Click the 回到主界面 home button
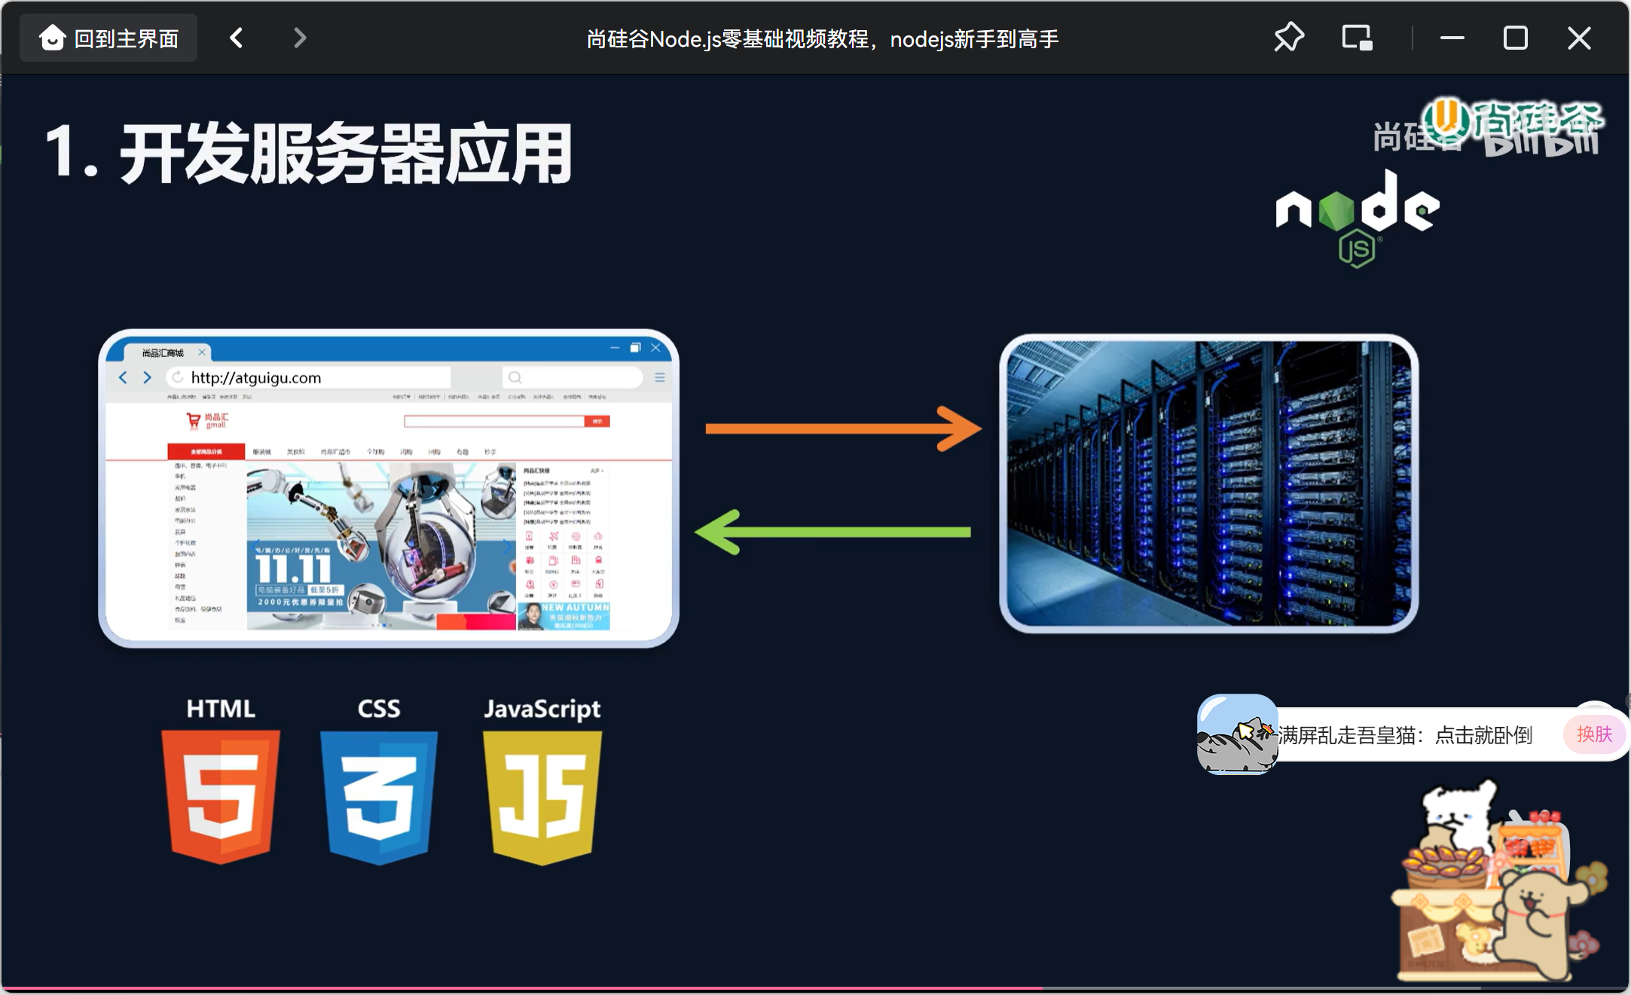click(x=108, y=38)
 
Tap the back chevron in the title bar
click(x=237, y=38)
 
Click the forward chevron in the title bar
click(x=300, y=38)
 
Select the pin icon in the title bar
click(x=1289, y=38)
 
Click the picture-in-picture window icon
click(x=1357, y=38)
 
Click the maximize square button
click(x=1515, y=38)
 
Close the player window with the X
click(x=1579, y=38)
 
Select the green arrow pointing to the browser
click(x=832, y=532)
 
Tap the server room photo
click(x=1208, y=484)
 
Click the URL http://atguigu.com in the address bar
click(x=256, y=377)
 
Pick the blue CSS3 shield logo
click(x=379, y=796)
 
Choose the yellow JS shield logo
click(x=542, y=797)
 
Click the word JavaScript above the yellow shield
click(x=542, y=709)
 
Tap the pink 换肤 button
click(x=1594, y=734)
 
